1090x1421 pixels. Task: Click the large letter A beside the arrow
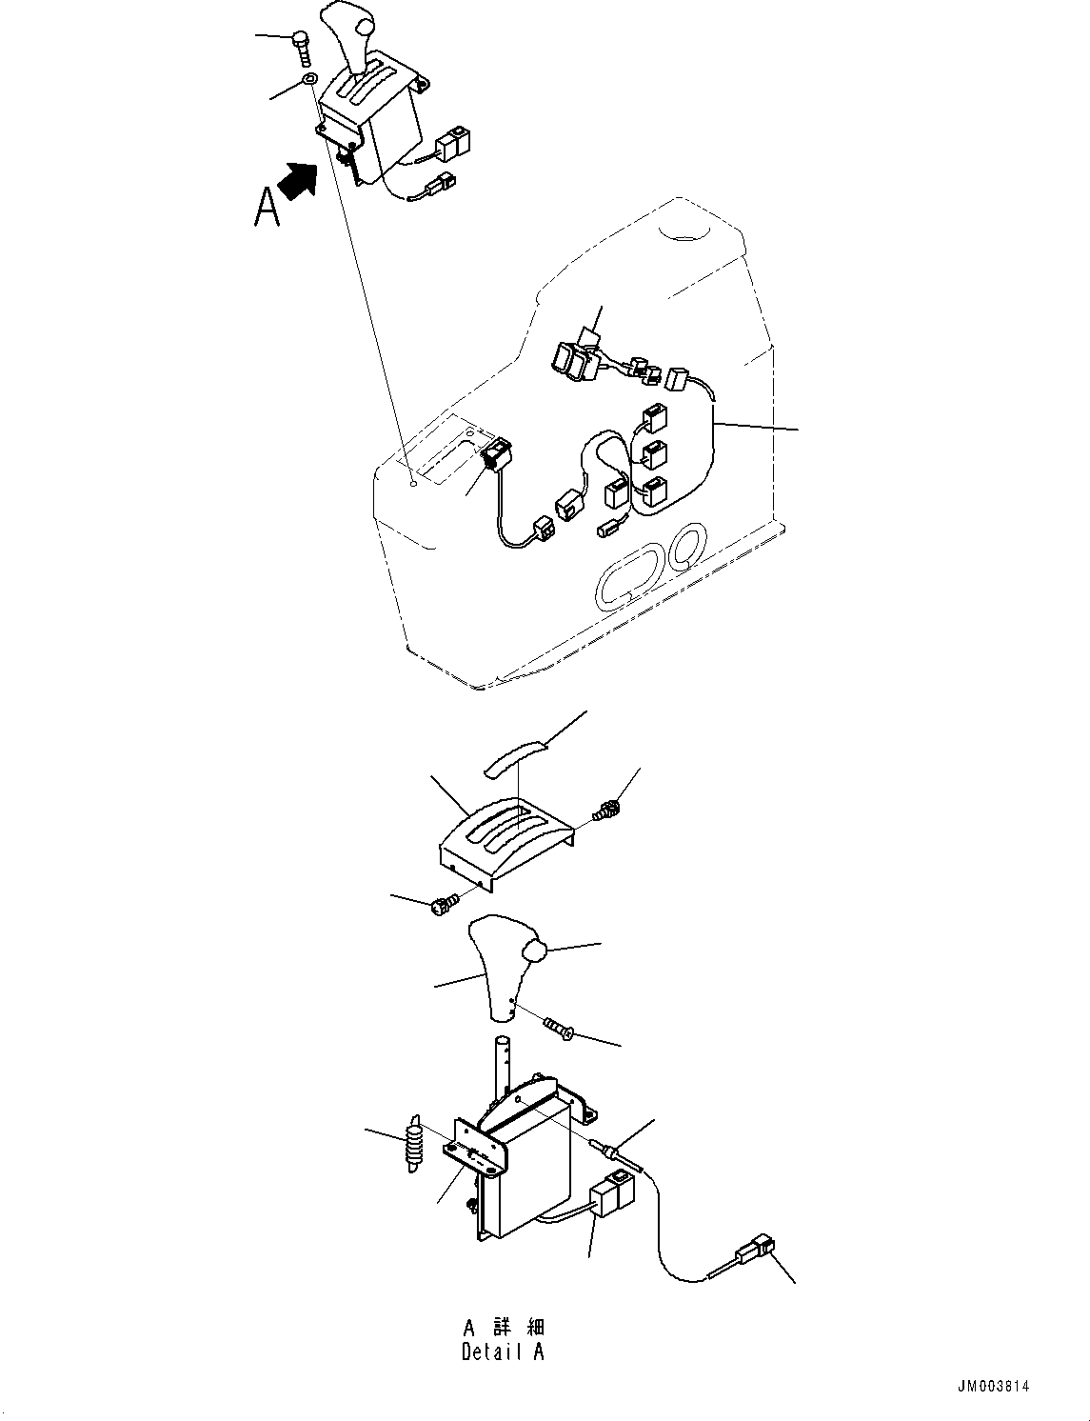pyautogui.click(x=268, y=207)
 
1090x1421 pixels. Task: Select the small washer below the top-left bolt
pyautogui.click(x=310, y=79)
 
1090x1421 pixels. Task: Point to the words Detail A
pyautogui.click(x=503, y=1351)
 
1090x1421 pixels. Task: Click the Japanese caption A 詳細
pyautogui.click(x=504, y=1328)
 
